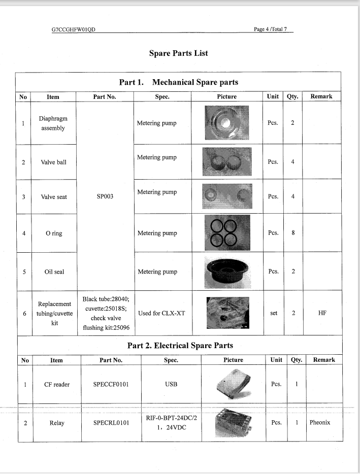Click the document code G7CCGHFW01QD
(x=74, y=29)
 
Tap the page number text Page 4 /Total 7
(x=270, y=29)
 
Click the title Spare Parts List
(x=178, y=53)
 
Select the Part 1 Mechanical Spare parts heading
(x=178, y=82)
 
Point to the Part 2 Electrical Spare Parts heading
(x=180, y=346)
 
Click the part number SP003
(x=105, y=197)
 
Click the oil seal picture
(x=226, y=271)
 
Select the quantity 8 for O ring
(x=293, y=233)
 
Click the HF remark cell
(x=322, y=313)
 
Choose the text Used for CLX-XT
(x=161, y=313)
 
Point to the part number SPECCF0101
(x=111, y=384)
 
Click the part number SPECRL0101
(x=111, y=423)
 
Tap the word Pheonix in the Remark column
(x=320, y=422)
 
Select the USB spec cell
(x=171, y=384)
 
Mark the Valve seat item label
(x=54, y=197)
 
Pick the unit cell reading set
(x=274, y=313)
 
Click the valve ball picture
(x=226, y=162)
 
